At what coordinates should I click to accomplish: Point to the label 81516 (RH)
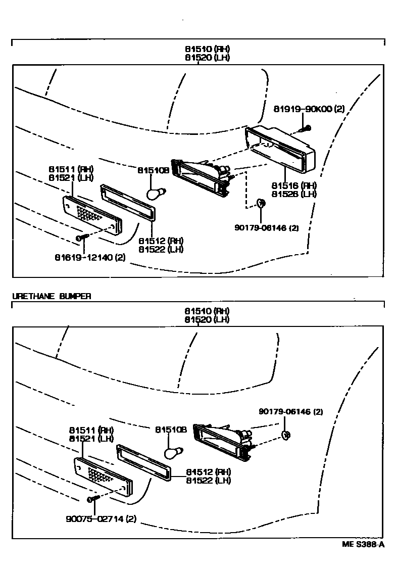(293, 185)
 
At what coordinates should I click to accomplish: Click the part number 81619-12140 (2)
(90, 258)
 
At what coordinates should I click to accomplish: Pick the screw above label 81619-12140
(81, 236)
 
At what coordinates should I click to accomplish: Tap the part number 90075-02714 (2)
(101, 518)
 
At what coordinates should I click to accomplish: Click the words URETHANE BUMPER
(51, 297)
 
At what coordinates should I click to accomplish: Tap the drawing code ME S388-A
(363, 544)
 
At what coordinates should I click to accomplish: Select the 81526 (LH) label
(293, 194)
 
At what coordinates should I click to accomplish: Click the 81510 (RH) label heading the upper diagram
(207, 49)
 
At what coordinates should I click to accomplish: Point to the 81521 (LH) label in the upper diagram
(71, 177)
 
